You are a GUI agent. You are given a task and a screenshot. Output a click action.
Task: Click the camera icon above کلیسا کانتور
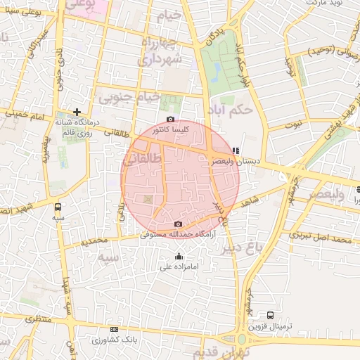[x=170, y=120]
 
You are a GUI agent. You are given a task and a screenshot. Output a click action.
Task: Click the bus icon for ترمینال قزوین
[x=270, y=315]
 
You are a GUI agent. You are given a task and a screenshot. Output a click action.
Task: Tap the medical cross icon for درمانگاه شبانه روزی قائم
[x=77, y=111]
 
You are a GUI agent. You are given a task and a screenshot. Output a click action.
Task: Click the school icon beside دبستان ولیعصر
[x=236, y=150]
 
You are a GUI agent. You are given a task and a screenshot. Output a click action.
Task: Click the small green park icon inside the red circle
[x=147, y=200]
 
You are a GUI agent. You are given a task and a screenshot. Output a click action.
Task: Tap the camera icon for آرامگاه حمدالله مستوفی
[x=177, y=224]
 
